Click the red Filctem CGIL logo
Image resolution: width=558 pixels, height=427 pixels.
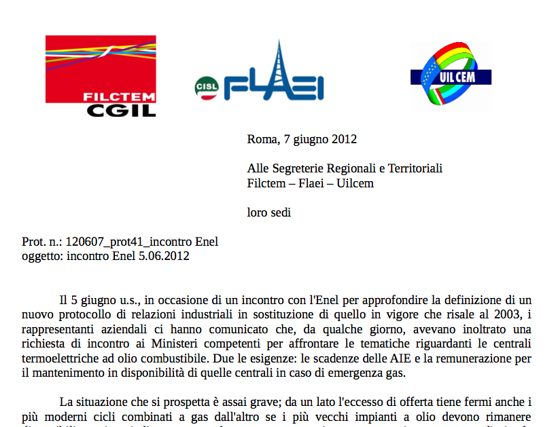click(x=101, y=76)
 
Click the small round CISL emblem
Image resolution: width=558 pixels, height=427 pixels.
click(x=207, y=86)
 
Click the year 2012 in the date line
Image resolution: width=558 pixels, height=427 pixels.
click(x=344, y=140)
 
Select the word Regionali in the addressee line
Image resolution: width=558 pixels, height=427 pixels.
click(x=353, y=168)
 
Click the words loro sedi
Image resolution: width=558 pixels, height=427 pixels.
click(x=269, y=212)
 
